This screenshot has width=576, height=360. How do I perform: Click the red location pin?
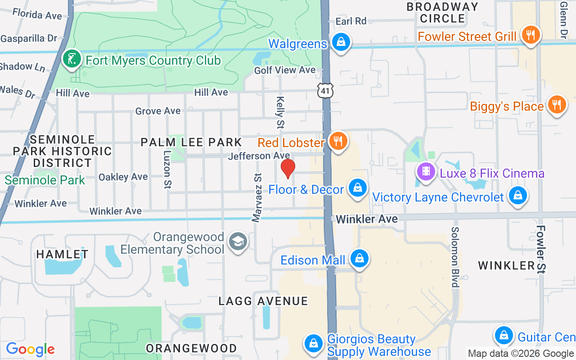[288, 168]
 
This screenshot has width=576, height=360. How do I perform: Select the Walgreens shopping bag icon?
[341, 42]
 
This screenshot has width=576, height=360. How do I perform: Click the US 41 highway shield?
[325, 90]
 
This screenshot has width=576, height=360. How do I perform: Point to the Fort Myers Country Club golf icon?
[71, 59]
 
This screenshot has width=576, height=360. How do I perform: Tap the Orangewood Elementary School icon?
[237, 242]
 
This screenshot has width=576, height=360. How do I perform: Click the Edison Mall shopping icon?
[359, 259]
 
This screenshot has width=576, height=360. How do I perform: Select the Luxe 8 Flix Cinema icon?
[425, 172]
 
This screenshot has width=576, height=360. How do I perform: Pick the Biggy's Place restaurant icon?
[557, 105]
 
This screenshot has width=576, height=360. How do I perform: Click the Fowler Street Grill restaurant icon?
[531, 35]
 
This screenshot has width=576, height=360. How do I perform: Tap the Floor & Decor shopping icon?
[358, 189]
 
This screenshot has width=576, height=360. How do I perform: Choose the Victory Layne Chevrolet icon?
[518, 196]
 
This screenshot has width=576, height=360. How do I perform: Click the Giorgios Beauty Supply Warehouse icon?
[314, 344]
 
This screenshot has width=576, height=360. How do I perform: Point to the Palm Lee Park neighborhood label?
[191, 142]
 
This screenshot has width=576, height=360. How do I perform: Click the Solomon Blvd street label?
[455, 257]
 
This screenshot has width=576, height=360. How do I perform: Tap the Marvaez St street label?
[257, 198]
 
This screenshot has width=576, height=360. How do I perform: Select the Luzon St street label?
[167, 169]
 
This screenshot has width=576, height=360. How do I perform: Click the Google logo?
[30, 349]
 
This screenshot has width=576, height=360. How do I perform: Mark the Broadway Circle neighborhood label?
[442, 13]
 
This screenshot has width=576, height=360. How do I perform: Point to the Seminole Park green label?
[45, 180]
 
